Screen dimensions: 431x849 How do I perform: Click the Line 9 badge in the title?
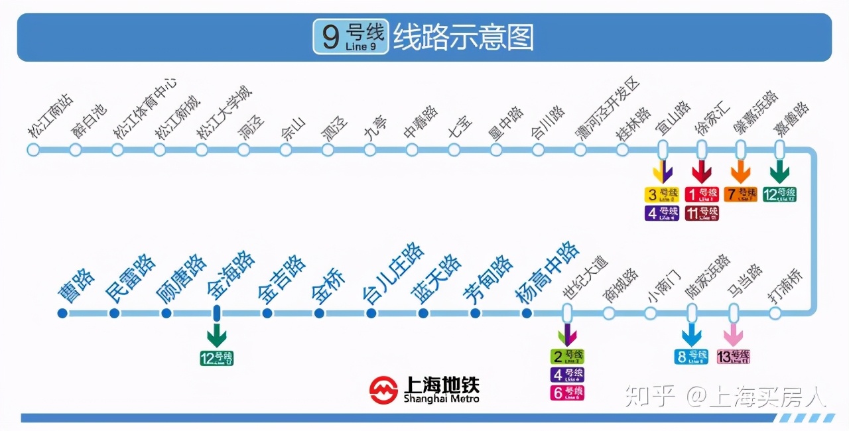click(350, 36)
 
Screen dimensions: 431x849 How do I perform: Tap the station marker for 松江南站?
click(33, 150)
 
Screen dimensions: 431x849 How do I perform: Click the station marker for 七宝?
click(454, 150)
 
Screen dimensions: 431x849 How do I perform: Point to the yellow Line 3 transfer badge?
click(662, 195)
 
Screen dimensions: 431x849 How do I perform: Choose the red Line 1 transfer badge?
click(702, 195)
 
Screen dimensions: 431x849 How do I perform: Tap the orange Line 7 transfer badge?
click(740, 195)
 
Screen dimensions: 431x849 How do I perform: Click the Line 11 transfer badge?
click(702, 214)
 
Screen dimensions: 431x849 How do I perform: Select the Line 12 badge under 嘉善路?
click(779, 195)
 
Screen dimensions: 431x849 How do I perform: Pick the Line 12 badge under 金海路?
click(217, 359)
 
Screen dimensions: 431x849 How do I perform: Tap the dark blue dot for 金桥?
click(319, 313)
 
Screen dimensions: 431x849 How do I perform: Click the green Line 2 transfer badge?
click(568, 356)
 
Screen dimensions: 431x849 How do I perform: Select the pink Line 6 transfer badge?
click(568, 393)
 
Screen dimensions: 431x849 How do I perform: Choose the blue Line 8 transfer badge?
click(692, 357)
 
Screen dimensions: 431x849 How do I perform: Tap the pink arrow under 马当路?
click(734, 335)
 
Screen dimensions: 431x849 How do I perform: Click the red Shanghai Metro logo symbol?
click(384, 390)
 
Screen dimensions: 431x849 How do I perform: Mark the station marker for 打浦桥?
click(775, 313)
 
